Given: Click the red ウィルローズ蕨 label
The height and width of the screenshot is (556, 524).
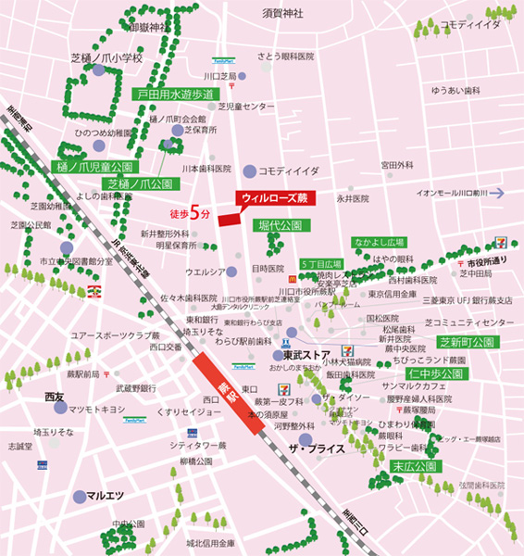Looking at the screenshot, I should tap(276, 198).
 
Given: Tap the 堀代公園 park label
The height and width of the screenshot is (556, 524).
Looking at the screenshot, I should tap(280, 225).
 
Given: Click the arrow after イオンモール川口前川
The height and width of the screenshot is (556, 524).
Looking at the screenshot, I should tap(497, 193).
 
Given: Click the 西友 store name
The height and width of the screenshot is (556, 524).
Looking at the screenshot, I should tap(55, 397).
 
